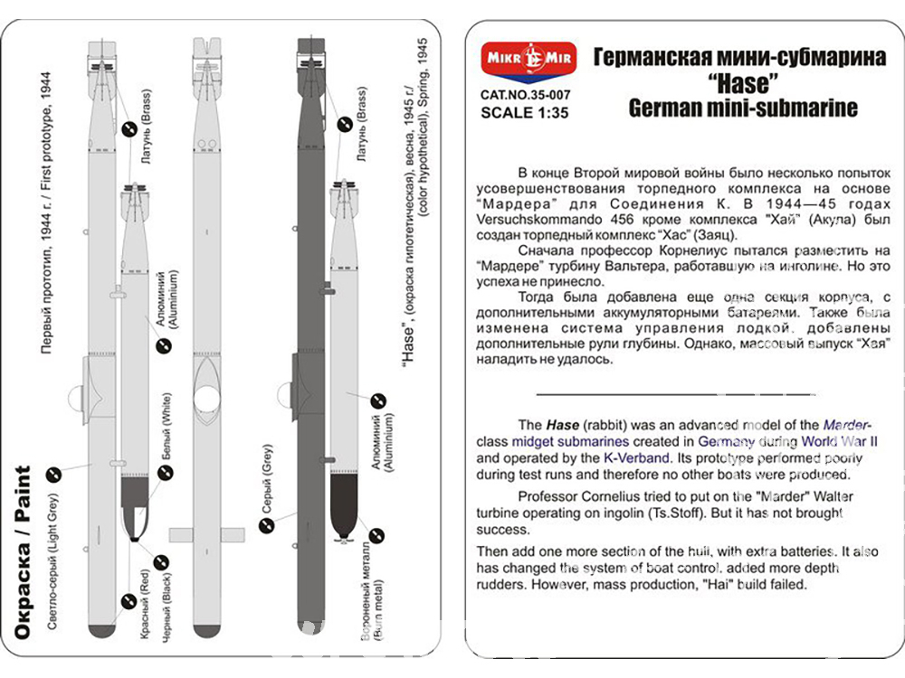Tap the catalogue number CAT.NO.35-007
point(525,94)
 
